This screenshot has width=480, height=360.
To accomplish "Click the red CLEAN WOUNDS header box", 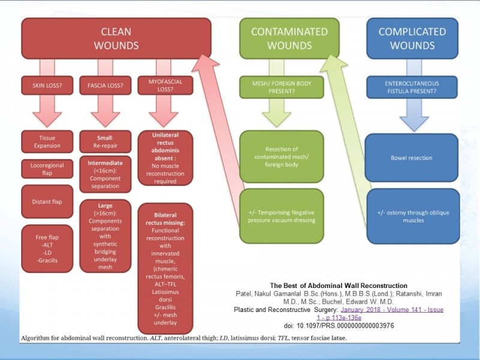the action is pyautogui.click(x=116, y=38).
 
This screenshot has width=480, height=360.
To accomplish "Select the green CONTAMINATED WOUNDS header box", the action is pyautogui.click(x=289, y=38).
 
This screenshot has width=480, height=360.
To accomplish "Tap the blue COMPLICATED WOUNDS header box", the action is pyautogui.click(x=412, y=38).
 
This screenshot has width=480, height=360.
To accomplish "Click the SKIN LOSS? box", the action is pyautogui.click(x=47, y=85).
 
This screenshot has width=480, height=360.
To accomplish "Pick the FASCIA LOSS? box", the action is pyautogui.click(x=106, y=85).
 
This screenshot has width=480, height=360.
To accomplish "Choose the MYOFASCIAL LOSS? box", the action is pyautogui.click(x=166, y=85).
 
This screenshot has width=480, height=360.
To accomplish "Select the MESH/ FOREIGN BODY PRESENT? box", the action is pyautogui.click(x=281, y=87).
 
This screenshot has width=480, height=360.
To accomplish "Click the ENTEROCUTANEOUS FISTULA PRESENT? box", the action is pyautogui.click(x=412, y=87).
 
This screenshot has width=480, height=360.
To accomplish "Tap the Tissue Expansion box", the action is pyautogui.click(x=47, y=142).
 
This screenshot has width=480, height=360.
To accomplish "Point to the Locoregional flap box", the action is pyautogui.click(x=47, y=169).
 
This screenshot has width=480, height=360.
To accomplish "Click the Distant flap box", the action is pyautogui.click(x=47, y=202).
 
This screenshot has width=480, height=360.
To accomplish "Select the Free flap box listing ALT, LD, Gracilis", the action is pyautogui.click(x=47, y=248).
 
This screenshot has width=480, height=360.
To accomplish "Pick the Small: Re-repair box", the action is pyautogui.click(x=106, y=142).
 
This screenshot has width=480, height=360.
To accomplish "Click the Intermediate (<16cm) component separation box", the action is pyautogui.click(x=106, y=175).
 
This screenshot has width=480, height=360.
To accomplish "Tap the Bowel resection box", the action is pyautogui.click(x=412, y=158).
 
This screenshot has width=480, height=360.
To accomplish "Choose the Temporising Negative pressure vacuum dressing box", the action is pyautogui.click(x=281, y=216).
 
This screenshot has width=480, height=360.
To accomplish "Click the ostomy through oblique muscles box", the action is pyautogui.click(x=413, y=216).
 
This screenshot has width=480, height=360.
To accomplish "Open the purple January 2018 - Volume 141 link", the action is pyautogui.click(x=380, y=313).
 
